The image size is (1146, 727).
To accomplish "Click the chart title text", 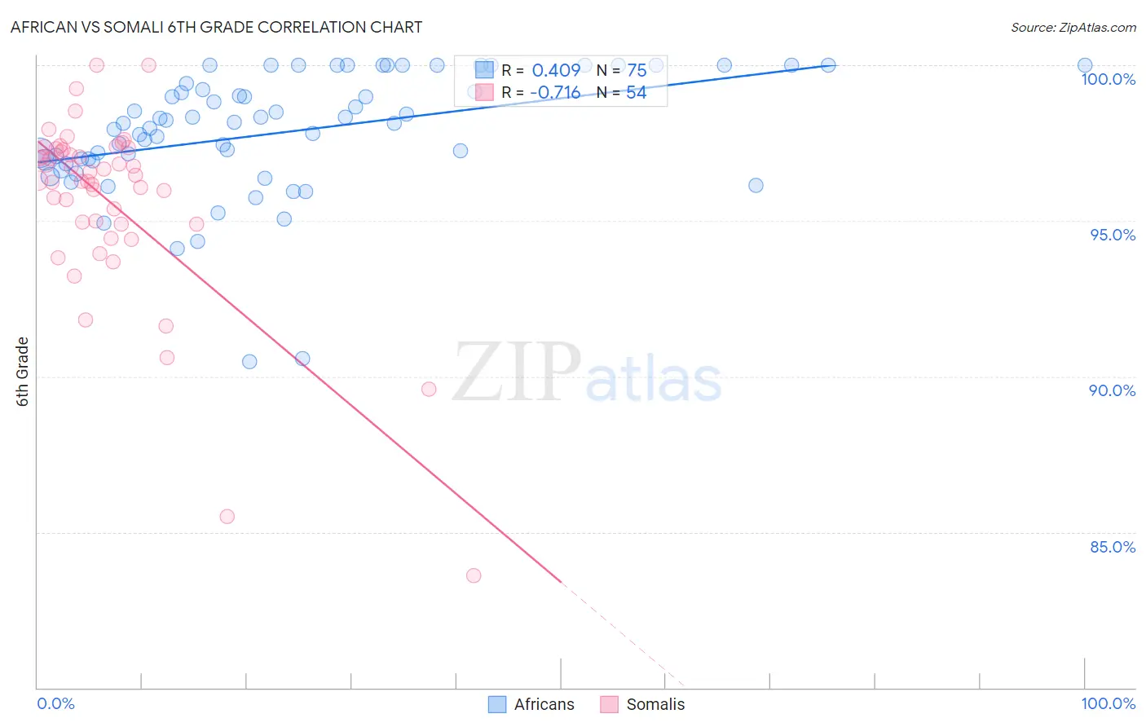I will click(x=216, y=27).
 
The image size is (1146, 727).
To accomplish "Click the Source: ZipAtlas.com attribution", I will click(x=1073, y=28).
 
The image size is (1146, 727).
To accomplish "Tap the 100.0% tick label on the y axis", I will click(x=1108, y=79).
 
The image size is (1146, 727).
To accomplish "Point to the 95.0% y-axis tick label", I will click(x=1112, y=235).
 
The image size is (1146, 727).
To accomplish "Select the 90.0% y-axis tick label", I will click(x=1112, y=390).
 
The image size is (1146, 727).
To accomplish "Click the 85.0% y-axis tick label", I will click(x=1112, y=547).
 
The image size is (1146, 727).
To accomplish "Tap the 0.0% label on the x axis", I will click(x=55, y=703).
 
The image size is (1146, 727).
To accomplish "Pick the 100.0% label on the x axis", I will click(x=1108, y=703).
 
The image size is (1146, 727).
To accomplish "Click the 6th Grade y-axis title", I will click(x=23, y=372).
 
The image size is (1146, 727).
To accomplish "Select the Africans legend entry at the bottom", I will click(x=531, y=704).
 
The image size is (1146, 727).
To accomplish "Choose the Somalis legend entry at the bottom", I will click(x=643, y=704).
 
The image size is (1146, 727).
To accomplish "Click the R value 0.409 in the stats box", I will click(x=556, y=71).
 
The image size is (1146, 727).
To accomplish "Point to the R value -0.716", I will click(x=555, y=93).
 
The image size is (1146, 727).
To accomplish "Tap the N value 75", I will click(x=637, y=71).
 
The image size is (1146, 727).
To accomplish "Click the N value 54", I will click(x=637, y=93).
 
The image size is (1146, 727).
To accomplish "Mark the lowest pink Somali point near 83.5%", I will click(x=474, y=575).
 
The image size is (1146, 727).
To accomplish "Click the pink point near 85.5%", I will click(x=227, y=517).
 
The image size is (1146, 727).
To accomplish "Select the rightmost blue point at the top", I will click(x=1085, y=65).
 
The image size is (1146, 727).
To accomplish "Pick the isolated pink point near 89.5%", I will click(x=429, y=389).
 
